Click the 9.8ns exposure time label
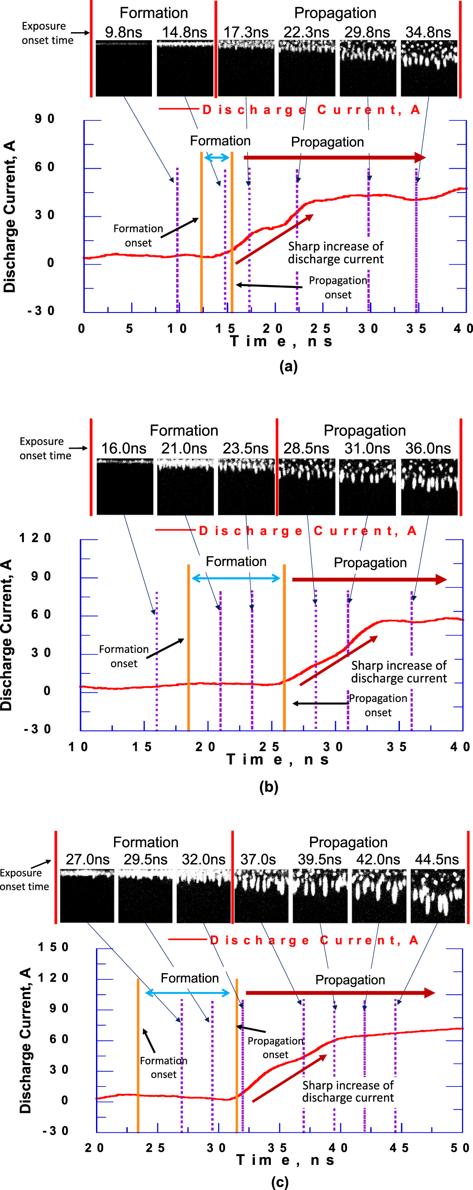click(123, 32)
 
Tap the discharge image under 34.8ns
click(429, 68)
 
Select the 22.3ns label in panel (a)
click(306, 32)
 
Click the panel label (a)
click(288, 366)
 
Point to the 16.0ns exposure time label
click(123, 448)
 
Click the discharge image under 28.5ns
click(307, 487)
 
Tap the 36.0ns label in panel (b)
click(428, 448)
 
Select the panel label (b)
click(269, 786)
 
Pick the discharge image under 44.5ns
click(437, 896)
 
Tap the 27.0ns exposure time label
click(87, 859)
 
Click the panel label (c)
click(280, 1182)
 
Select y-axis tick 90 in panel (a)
click(44, 119)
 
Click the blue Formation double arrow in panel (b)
click(236, 578)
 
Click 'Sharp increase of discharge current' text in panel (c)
click(348, 1091)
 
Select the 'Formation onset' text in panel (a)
click(138, 236)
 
